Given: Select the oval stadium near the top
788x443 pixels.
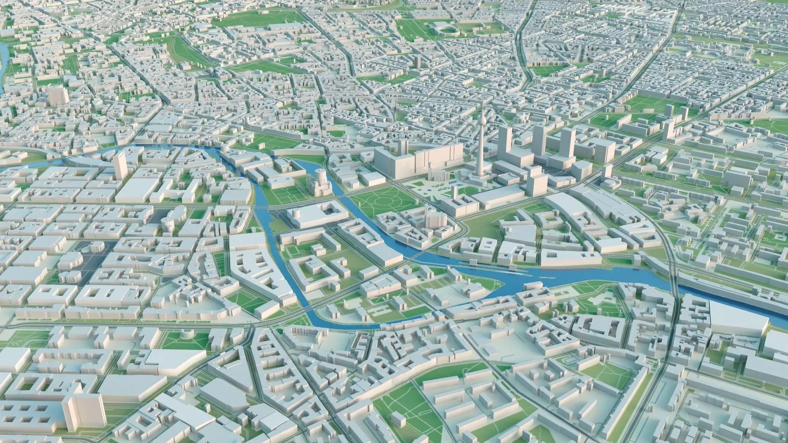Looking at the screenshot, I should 443,29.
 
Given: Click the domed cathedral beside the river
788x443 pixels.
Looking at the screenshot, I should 317,183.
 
